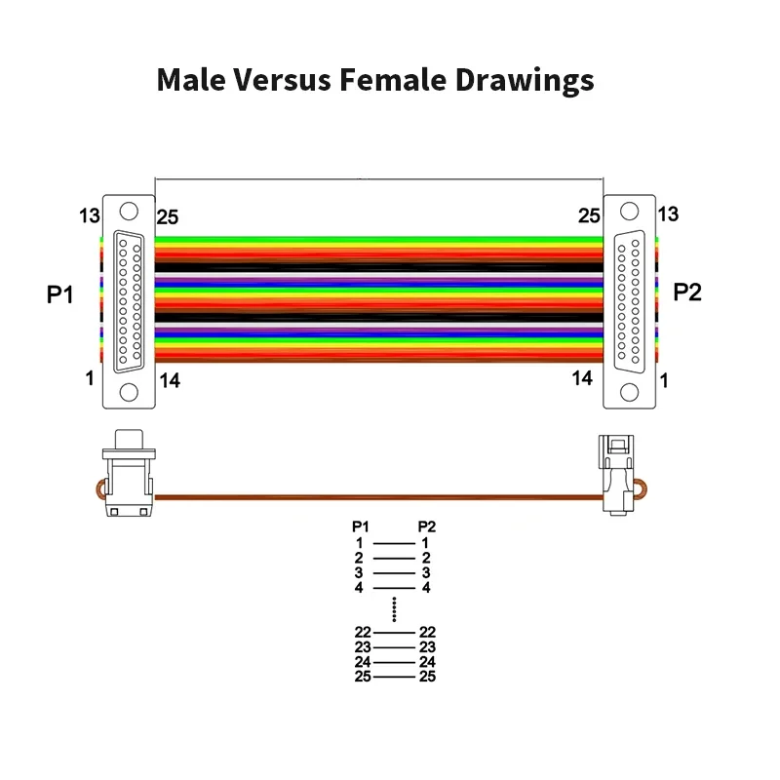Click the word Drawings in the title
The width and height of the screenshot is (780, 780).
(x=525, y=80)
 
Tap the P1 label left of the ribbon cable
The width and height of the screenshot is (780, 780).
(x=60, y=293)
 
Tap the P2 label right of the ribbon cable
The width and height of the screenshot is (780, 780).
(x=688, y=292)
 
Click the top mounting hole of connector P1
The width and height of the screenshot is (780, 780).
(x=129, y=212)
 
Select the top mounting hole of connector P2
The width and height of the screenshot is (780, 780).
(x=630, y=212)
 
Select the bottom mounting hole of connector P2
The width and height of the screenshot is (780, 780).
(x=630, y=392)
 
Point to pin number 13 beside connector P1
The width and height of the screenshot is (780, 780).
(x=90, y=214)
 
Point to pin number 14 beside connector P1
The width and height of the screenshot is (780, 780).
(x=170, y=381)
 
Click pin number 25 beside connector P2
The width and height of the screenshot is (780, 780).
(x=589, y=215)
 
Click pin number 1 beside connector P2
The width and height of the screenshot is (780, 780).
(x=666, y=380)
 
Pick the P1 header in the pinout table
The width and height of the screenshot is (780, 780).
(x=361, y=526)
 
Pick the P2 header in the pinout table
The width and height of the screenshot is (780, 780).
(x=426, y=526)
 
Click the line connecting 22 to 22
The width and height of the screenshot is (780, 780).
(x=394, y=633)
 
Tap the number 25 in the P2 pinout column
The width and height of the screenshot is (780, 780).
(x=427, y=676)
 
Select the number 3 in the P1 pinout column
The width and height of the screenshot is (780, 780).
(x=359, y=572)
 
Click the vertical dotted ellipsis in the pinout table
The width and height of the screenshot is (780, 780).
(x=394, y=609)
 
